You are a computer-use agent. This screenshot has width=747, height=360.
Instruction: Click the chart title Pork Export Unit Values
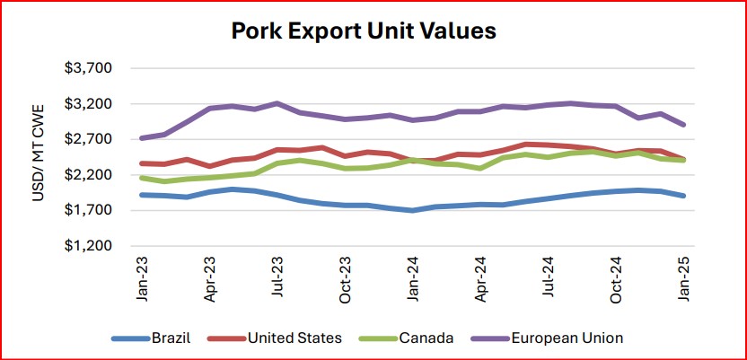364,31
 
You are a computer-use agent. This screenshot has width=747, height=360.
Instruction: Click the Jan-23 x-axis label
144,277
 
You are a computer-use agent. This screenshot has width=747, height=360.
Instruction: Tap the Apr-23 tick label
211,277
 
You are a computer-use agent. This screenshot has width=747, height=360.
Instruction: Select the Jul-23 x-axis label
278,277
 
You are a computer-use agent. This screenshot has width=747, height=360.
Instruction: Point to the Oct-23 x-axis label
346,277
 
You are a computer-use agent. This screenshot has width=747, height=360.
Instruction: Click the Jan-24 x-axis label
413,277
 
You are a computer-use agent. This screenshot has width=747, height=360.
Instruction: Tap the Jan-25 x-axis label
683,277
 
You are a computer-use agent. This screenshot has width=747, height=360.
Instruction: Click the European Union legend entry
566,338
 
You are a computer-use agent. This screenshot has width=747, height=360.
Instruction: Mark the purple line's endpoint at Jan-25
683,125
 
